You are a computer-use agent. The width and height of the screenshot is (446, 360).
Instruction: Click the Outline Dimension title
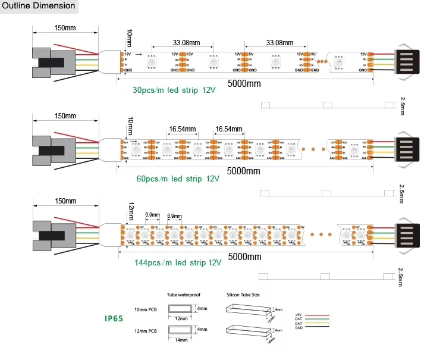click(39, 7)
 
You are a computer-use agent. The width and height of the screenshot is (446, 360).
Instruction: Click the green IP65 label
click(114, 318)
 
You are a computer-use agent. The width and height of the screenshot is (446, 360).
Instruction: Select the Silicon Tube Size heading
click(243, 295)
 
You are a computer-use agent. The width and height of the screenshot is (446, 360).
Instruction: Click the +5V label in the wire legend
click(299, 314)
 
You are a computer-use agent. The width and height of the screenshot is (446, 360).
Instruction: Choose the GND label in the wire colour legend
click(299, 328)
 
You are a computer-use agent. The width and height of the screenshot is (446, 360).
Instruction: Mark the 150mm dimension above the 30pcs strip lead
click(65, 28)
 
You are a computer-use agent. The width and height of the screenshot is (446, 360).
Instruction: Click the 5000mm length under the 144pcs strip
click(244, 257)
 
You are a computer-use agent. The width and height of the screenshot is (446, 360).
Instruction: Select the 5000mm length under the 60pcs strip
click(244, 171)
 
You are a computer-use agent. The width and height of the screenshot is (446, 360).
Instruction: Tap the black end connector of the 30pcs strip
click(408, 61)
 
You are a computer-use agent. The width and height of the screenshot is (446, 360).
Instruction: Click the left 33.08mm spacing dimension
click(186, 43)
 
